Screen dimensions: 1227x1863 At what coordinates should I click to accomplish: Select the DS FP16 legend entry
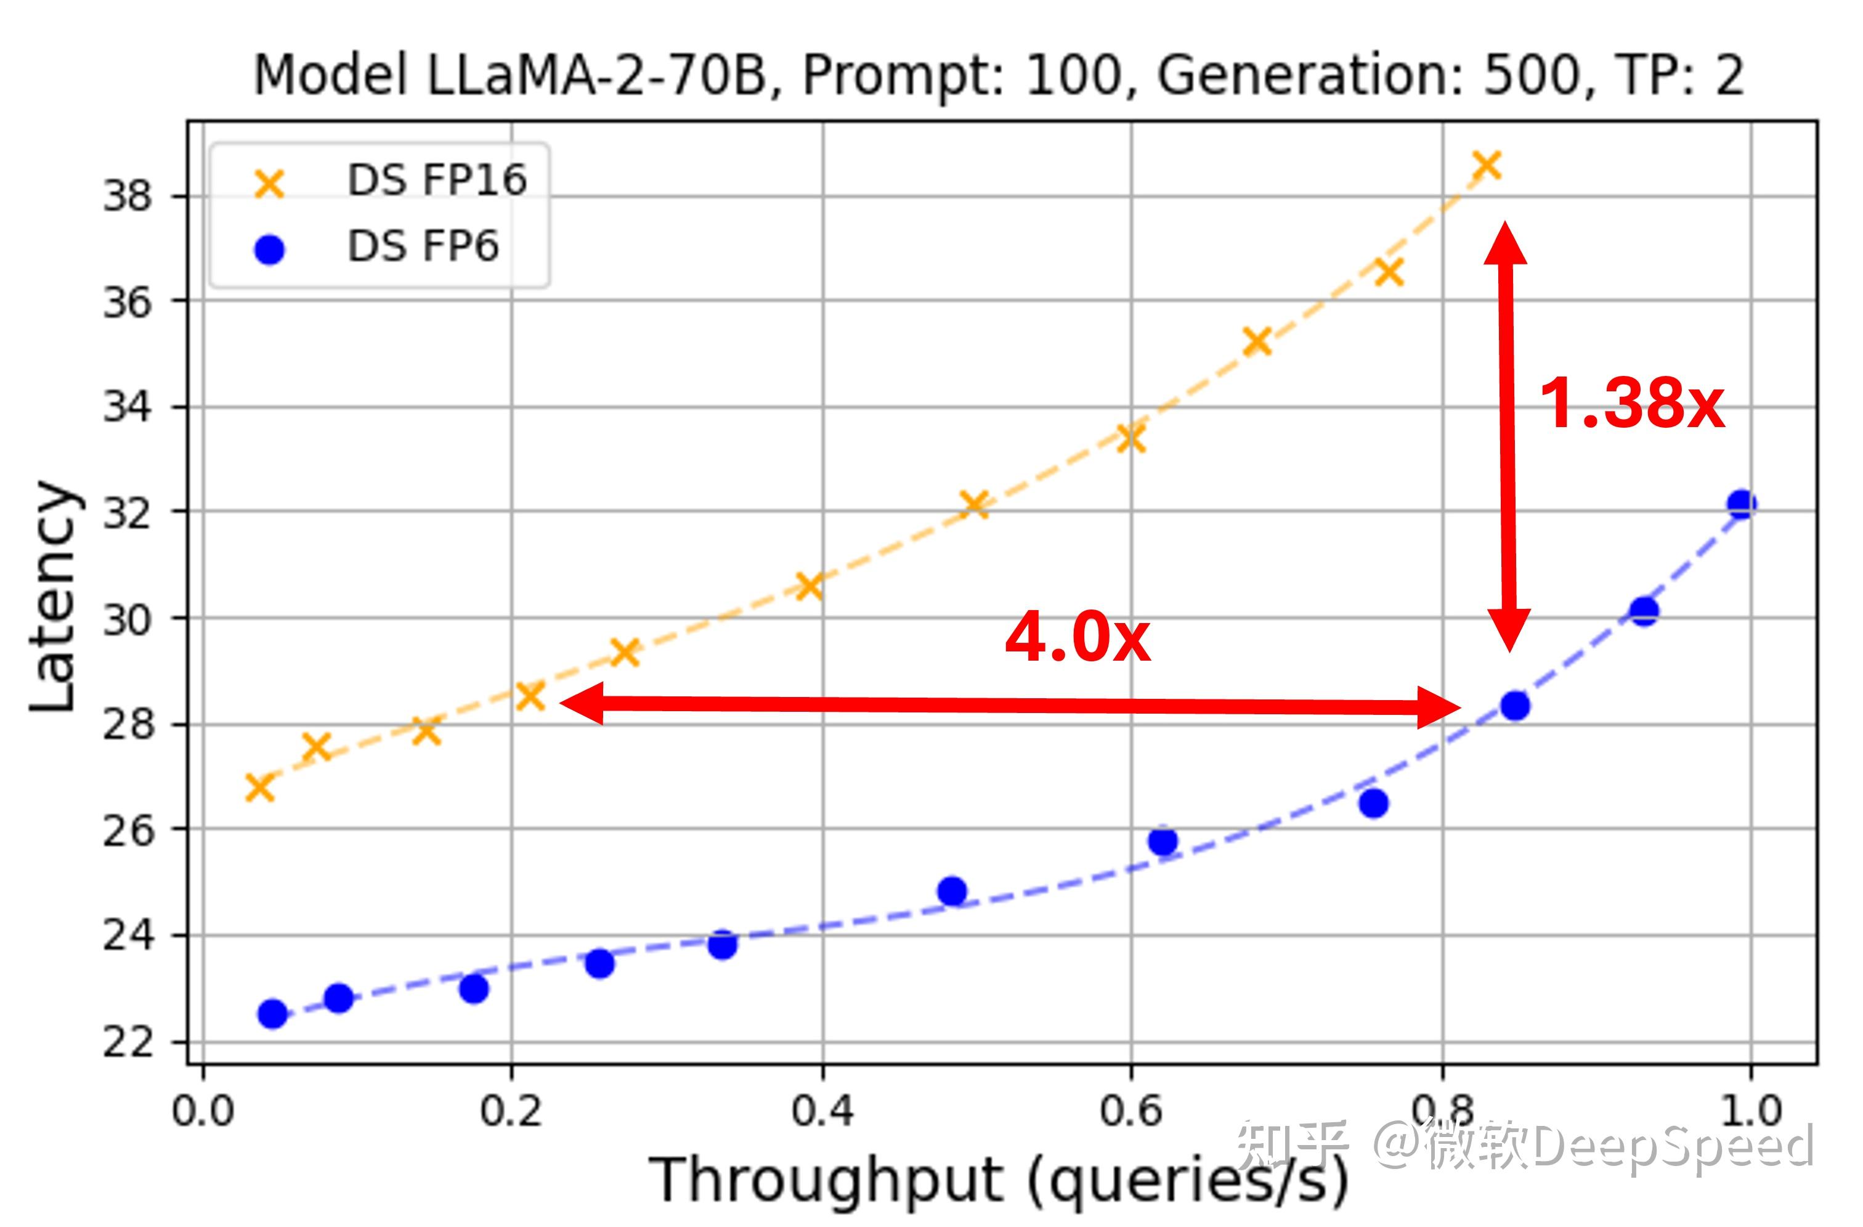click(436, 181)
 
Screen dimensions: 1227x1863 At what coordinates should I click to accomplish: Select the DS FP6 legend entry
click(422, 247)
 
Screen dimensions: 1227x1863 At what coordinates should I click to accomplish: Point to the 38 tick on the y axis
click(127, 196)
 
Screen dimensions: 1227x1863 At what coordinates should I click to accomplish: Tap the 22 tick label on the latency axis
click(127, 1042)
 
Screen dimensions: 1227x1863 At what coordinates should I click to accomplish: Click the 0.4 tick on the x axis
click(822, 1111)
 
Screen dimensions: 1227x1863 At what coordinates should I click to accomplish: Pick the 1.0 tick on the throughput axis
click(1751, 1111)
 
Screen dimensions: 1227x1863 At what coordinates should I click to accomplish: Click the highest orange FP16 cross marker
click(1486, 166)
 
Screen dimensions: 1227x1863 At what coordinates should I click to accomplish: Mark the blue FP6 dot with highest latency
click(1741, 504)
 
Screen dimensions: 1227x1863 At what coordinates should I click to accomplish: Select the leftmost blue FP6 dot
click(272, 1014)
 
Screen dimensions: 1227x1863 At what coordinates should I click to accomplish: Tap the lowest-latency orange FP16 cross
click(260, 788)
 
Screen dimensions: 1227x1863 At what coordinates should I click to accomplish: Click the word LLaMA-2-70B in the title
click(597, 76)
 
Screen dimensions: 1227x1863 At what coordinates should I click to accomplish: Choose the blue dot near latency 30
click(1644, 611)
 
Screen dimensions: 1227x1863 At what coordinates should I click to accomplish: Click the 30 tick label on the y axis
click(127, 620)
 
